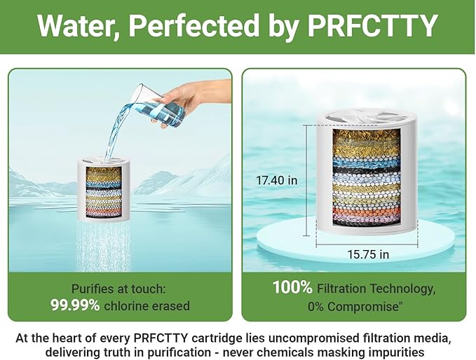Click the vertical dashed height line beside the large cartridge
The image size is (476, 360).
[306, 179]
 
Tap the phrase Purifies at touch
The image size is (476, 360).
[119, 288]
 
